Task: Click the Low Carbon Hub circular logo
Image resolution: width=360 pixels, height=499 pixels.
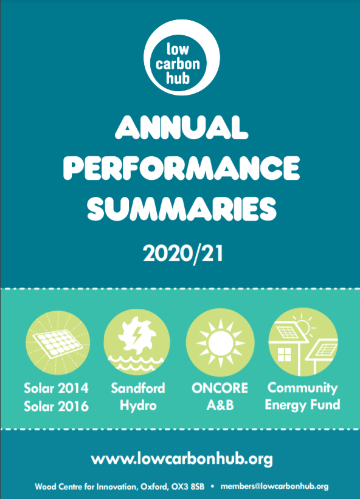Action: (x=181, y=58)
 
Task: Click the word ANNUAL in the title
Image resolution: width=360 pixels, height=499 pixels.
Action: (x=181, y=127)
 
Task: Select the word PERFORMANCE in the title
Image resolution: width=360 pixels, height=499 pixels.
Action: (x=181, y=168)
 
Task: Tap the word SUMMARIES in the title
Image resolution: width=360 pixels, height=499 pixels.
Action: (x=181, y=208)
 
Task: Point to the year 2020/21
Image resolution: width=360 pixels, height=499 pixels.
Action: (x=183, y=253)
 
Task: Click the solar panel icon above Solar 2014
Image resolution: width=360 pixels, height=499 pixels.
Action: (x=58, y=343)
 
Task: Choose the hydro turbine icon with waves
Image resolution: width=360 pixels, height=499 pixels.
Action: (x=137, y=342)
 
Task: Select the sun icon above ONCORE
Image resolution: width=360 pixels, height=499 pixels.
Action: (x=220, y=343)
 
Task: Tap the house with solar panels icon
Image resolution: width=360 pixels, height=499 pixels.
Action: (x=303, y=342)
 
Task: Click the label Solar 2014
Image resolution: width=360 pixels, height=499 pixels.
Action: (x=57, y=388)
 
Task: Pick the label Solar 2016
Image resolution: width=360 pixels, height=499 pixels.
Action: (x=57, y=407)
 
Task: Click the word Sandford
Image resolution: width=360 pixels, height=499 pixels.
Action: (x=138, y=388)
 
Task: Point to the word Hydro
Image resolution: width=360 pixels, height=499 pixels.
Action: (x=138, y=406)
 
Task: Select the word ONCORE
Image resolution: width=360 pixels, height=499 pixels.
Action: (x=220, y=388)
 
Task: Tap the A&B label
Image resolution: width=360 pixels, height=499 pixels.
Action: (x=220, y=405)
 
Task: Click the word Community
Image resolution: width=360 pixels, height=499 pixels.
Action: (x=302, y=388)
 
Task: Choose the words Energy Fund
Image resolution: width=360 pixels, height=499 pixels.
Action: (x=302, y=405)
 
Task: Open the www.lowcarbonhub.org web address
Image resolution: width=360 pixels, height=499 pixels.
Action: (x=182, y=459)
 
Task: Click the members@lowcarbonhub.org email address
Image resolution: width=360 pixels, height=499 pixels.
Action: (x=274, y=487)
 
